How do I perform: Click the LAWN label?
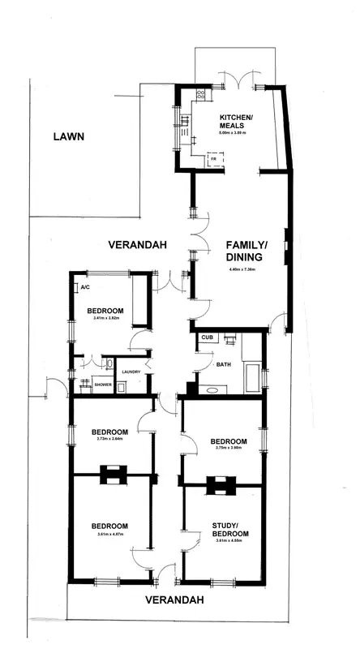click(x=69, y=136)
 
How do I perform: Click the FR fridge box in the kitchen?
click(x=213, y=160)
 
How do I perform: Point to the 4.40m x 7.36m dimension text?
click(x=244, y=269)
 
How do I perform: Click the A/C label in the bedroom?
click(x=84, y=287)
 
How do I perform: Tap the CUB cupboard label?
click(x=207, y=336)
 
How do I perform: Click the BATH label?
click(x=224, y=365)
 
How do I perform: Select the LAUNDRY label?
click(x=131, y=372)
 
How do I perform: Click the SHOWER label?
click(x=103, y=385)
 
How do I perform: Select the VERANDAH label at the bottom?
click(x=173, y=601)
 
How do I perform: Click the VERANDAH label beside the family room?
click(x=138, y=244)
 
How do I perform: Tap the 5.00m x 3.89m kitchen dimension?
click(x=236, y=132)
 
